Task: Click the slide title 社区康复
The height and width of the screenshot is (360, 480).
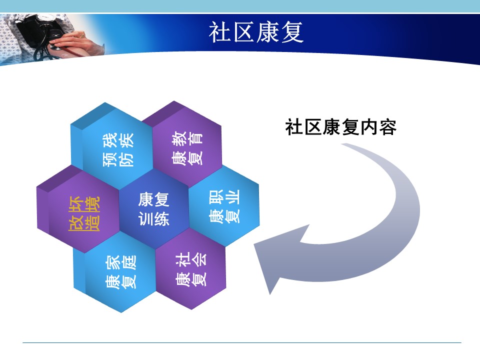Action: [x=256, y=32]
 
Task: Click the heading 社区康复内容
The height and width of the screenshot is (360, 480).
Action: [x=340, y=126]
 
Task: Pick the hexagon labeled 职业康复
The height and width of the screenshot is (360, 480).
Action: [x=224, y=206]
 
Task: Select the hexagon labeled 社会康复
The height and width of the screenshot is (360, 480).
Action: [x=191, y=269]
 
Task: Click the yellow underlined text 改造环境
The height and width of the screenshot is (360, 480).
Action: [x=84, y=213]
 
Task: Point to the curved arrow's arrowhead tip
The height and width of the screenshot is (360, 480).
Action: [x=254, y=244]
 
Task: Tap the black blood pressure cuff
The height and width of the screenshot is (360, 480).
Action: [x=33, y=30]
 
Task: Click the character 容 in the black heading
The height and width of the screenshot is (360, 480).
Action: [x=388, y=126]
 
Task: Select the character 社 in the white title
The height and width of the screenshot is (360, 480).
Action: [x=220, y=32]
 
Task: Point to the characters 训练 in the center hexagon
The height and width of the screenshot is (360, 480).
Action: [x=153, y=218]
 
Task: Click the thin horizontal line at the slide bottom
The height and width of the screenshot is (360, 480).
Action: [x=242, y=342]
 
